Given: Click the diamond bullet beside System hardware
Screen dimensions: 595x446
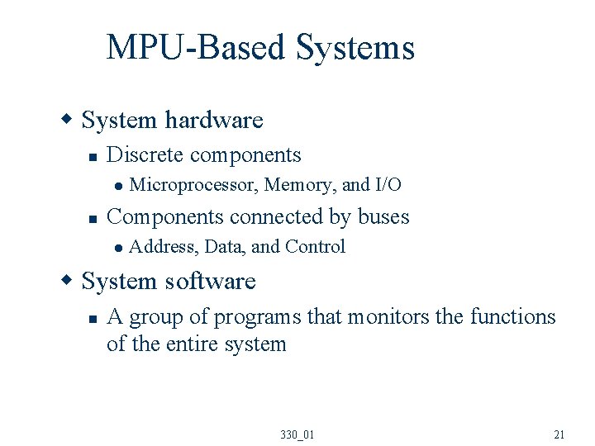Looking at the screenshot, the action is (x=69, y=121).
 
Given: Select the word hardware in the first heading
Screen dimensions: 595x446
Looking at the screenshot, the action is (x=213, y=121).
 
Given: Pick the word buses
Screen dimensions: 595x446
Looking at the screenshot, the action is (x=383, y=216).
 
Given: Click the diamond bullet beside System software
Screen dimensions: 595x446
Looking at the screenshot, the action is (x=69, y=282).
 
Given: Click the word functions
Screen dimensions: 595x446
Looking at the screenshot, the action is (x=512, y=316).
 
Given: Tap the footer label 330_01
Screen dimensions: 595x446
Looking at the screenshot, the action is (x=297, y=434).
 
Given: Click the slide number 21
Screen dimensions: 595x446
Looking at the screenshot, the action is (x=559, y=434).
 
